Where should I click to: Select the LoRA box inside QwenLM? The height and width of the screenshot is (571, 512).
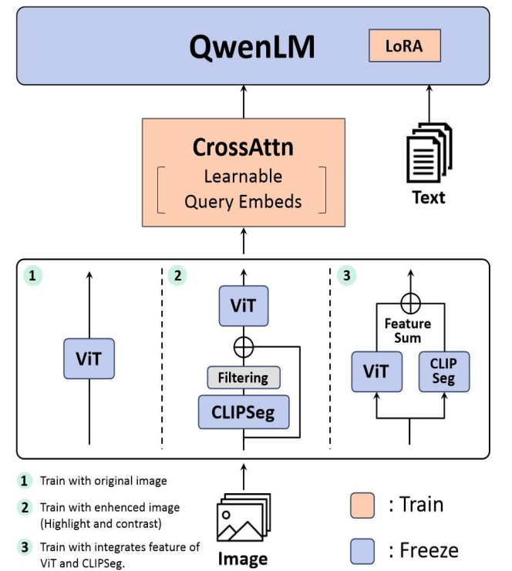(x=403, y=46)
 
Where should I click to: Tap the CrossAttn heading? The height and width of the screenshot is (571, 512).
(x=243, y=147)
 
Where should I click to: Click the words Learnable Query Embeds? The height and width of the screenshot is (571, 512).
(x=243, y=189)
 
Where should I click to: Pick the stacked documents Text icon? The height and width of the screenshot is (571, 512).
(x=428, y=153)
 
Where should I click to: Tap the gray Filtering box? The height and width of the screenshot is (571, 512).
(x=243, y=378)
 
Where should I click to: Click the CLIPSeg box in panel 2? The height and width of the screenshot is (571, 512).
(x=243, y=412)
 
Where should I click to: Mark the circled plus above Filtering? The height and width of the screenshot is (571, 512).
(x=243, y=347)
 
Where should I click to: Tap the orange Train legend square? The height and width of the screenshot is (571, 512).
(x=362, y=506)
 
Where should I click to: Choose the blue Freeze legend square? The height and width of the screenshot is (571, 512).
(x=362, y=551)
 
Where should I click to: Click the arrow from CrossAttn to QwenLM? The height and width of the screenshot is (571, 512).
(x=243, y=100)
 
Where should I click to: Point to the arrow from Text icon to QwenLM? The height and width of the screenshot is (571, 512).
(x=428, y=104)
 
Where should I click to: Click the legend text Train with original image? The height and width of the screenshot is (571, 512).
(x=103, y=481)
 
